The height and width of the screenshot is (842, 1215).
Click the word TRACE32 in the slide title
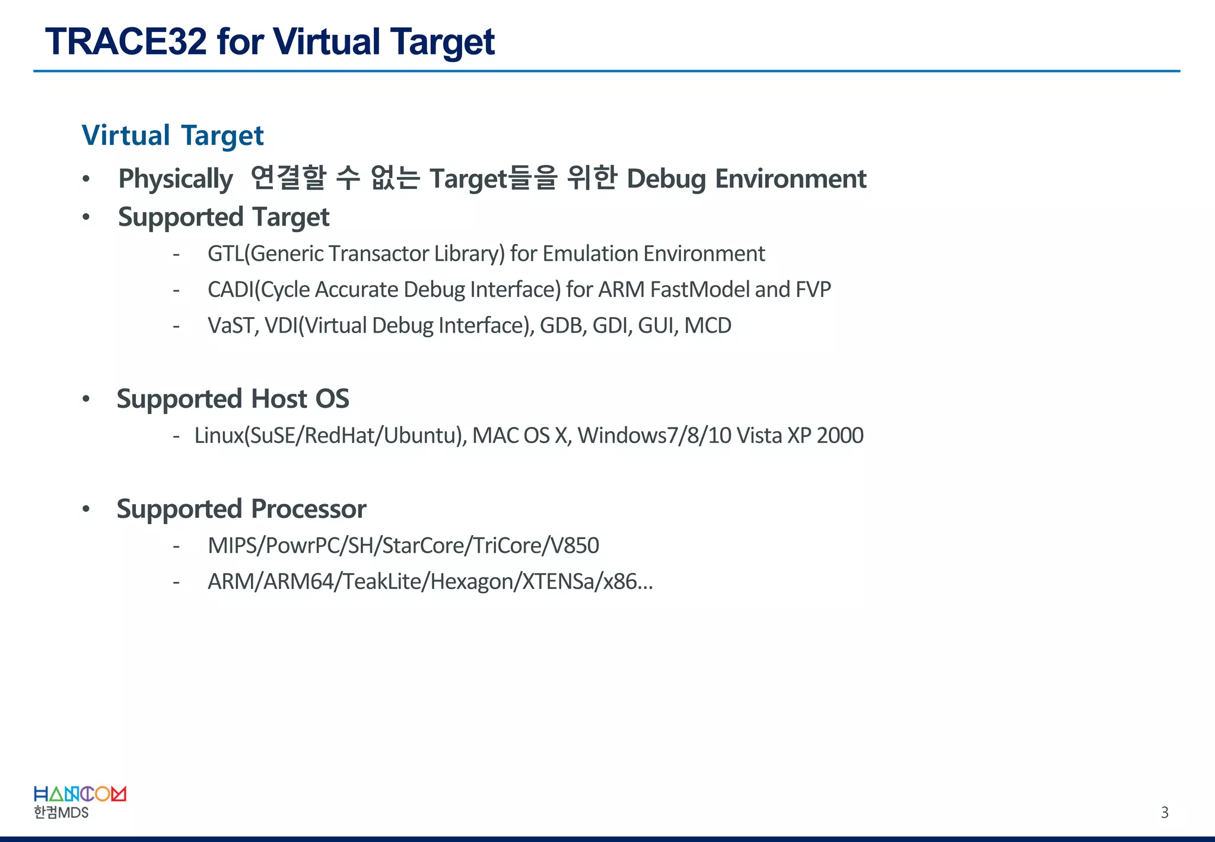pos(126,42)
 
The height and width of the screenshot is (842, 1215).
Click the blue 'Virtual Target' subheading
pos(173,135)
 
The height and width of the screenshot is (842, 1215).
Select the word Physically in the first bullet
pos(176,179)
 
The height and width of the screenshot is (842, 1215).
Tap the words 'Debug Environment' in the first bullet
pos(746,179)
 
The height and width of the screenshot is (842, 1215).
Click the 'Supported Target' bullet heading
pos(223,217)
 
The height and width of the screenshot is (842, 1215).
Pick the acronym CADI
pos(230,290)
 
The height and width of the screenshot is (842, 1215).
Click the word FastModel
pos(699,290)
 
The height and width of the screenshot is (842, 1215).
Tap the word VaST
pos(231,325)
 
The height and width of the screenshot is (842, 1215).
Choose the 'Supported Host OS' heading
pos(233,399)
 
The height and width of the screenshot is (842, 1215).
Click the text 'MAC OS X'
pos(520,435)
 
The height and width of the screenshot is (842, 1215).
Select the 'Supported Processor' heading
pos(241,509)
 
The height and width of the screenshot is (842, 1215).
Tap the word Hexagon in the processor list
pos(473,581)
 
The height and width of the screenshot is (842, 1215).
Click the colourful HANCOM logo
pos(79,794)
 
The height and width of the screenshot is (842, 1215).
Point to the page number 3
pos(1165,812)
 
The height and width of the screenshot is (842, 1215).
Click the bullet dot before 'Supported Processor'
pos(86,509)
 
